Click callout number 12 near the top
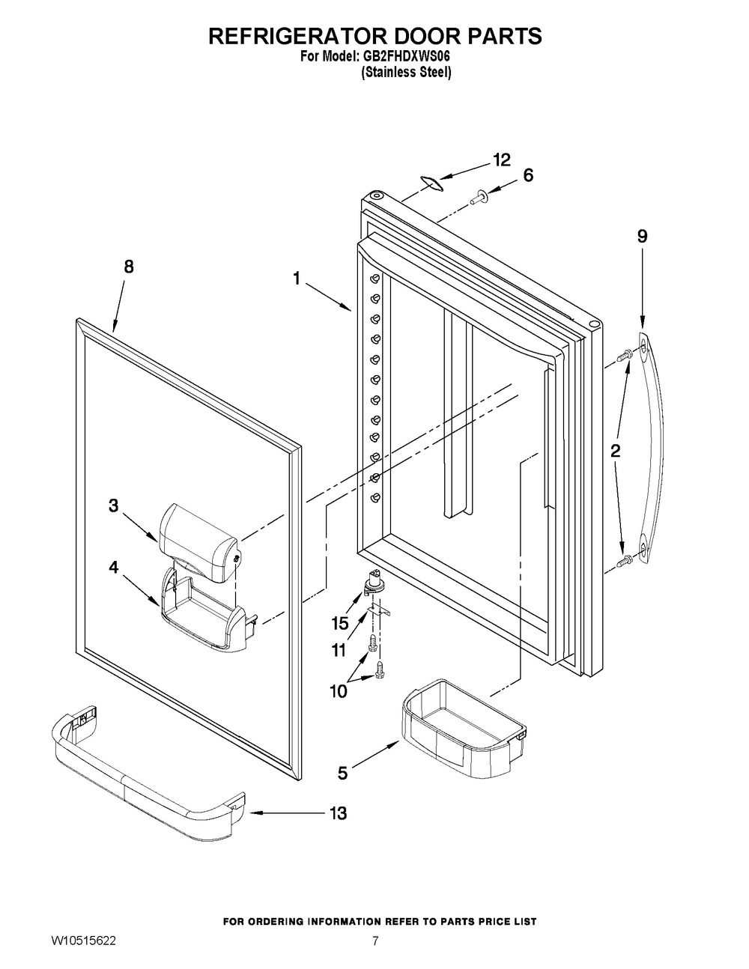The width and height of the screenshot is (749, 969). pos(501,160)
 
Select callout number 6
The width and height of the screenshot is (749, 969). pos(528,175)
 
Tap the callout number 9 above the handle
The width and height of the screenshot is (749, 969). pos(643,236)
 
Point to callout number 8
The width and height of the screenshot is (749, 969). pos(129,267)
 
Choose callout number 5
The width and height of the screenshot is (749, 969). pos(342,774)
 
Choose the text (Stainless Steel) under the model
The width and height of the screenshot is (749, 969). pos(407,73)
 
